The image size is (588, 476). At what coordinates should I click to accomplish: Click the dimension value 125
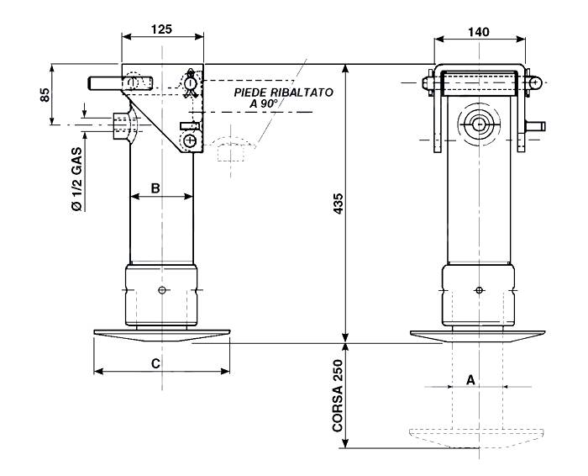(x=161, y=29)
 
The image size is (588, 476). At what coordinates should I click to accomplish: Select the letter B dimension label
(x=155, y=188)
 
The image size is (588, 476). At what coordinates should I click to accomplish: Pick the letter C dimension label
(x=155, y=362)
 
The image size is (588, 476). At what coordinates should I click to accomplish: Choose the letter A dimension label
(x=471, y=379)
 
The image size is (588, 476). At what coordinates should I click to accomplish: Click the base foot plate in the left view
(x=161, y=335)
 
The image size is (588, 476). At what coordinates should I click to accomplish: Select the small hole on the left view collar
(x=161, y=290)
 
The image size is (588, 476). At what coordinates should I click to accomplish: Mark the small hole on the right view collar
(x=478, y=290)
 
